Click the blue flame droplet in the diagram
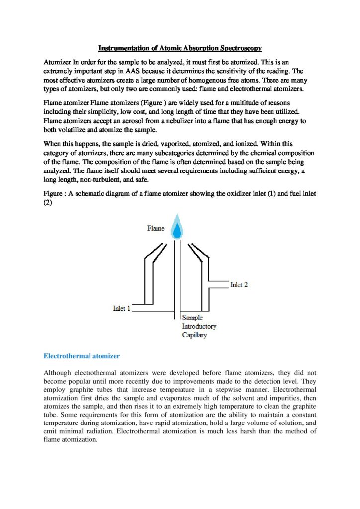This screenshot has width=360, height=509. pos(177,229)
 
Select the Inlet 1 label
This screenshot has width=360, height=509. pos(121,308)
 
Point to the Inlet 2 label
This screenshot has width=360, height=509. pos(239,285)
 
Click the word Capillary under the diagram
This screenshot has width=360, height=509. pos(194,335)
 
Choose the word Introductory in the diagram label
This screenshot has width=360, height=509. pos(199,326)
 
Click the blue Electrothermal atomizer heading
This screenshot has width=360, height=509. pos(82,356)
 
